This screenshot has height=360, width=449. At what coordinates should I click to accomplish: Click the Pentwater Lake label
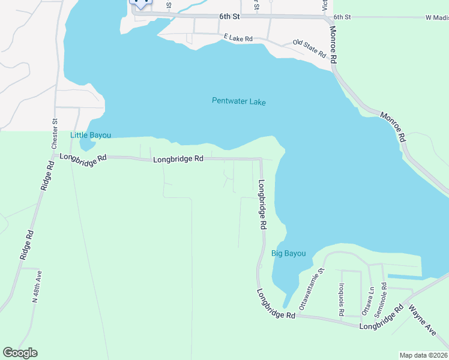238,101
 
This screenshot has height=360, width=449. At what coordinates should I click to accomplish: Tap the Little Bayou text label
91,135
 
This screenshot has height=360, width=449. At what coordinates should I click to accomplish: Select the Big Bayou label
289,253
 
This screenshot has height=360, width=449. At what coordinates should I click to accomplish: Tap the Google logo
20,353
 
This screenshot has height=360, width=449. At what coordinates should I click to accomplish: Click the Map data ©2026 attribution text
424,355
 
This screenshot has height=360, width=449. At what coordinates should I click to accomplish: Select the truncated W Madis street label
437,17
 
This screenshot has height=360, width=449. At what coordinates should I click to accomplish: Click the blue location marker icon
140,3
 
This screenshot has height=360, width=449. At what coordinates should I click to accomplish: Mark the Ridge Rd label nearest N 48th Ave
28,244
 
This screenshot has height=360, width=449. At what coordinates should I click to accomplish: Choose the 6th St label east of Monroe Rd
342,17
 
